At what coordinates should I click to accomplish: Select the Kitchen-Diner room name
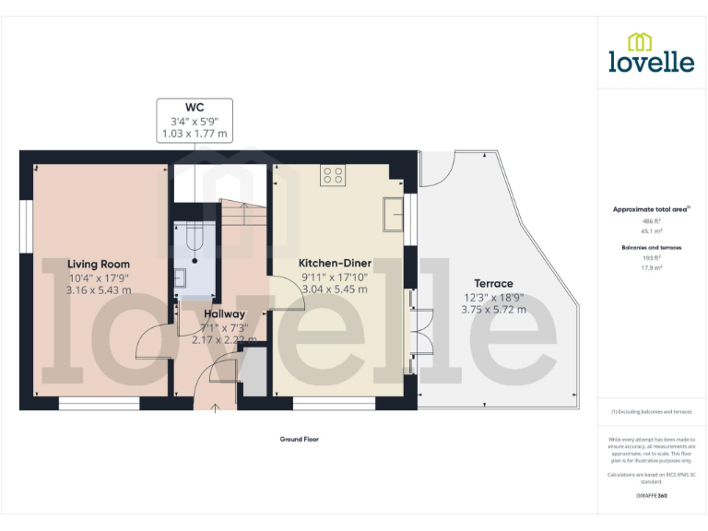coord(335,263)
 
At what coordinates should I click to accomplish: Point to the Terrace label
coord(493,283)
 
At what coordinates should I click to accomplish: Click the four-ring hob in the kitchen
coord(332,175)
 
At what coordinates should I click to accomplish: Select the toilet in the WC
coord(194,238)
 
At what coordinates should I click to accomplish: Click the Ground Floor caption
coord(300,439)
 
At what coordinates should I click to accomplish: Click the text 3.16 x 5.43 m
coord(99,289)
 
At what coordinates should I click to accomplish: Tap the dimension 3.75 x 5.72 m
coord(493,310)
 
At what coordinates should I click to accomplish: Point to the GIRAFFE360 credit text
coord(651,496)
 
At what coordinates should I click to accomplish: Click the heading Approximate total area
coord(651,210)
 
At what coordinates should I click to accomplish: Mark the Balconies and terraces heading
coord(651,247)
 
